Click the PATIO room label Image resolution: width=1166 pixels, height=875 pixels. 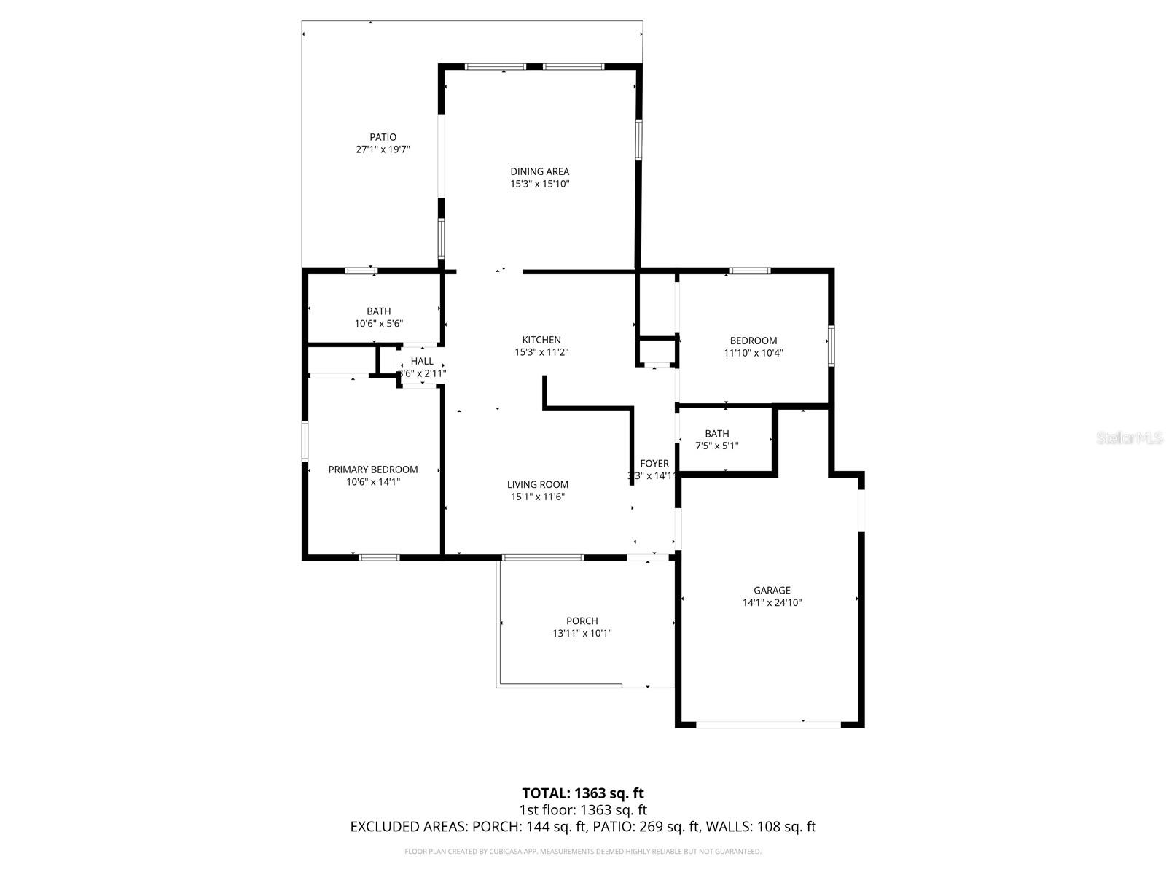pyautogui.click(x=383, y=137)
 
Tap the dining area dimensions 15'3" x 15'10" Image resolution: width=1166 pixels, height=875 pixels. pyautogui.click(x=539, y=184)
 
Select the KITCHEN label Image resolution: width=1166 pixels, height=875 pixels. pyautogui.click(x=541, y=340)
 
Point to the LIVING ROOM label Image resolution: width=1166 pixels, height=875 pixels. pyautogui.click(x=538, y=484)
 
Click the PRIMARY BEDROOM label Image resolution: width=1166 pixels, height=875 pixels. pyautogui.click(x=373, y=470)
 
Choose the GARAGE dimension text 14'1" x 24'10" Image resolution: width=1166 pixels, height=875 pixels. pyautogui.click(x=772, y=603)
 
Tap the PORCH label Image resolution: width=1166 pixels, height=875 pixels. pyautogui.click(x=582, y=621)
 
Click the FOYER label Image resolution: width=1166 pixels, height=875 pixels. pyautogui.click(x=654, y=464)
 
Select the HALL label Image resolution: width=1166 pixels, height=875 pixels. pyautogui.click(x=422, y=361)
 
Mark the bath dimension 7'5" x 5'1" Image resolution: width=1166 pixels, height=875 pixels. pyautogui.click(x=716, y=446)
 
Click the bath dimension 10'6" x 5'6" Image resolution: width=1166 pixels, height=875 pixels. pyautogui.click(x=378, y=324)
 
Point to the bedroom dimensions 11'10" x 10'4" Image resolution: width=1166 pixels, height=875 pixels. pyautogui.click(x=754, y=353)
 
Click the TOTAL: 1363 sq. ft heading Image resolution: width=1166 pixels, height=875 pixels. pyautogui.click(x=583, y=793)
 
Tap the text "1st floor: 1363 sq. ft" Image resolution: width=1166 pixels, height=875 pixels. pyautogui.click(x=583, y=810)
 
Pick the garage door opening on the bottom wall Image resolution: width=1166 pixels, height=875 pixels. pyautogui.click(x=769, y=724)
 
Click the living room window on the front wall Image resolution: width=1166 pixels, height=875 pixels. pyautogui.click(x=543, y=558)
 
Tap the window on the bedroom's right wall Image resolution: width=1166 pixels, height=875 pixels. pyautogui.click(x=831, y=345)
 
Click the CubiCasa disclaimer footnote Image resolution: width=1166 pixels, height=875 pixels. pyautogui.click(x=583, y=851)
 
